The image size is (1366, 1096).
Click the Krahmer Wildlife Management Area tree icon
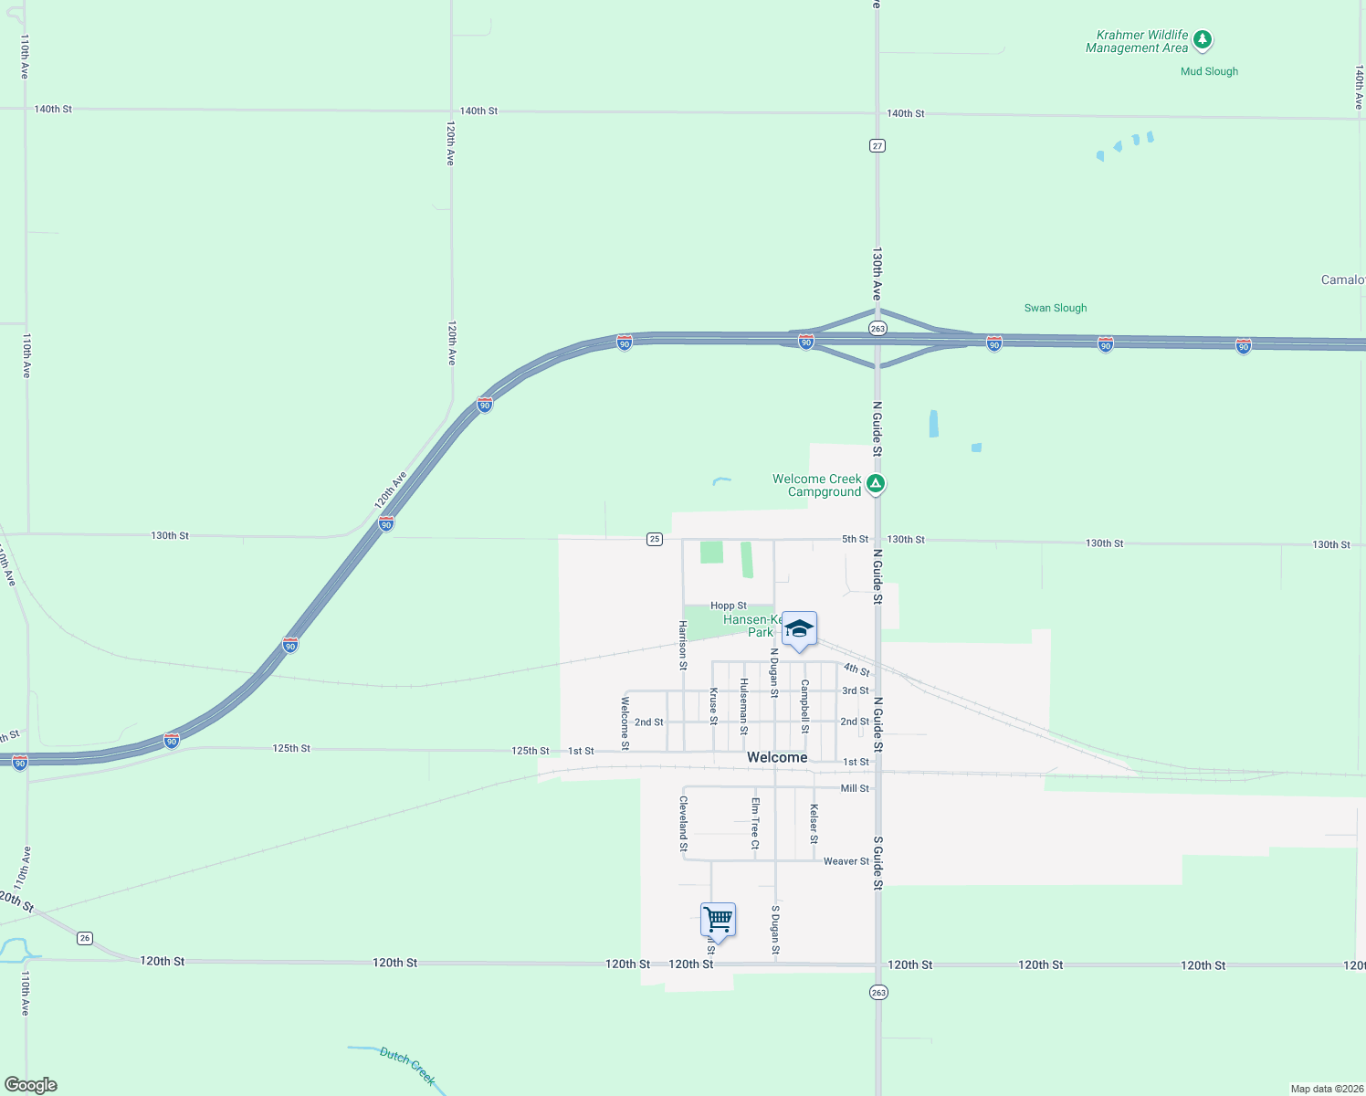point(1203,39)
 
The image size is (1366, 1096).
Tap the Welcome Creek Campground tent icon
point(875,483)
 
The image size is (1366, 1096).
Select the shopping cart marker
point(718,920)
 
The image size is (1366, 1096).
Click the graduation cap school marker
point(799,628)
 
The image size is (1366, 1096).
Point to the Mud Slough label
point(1209,71)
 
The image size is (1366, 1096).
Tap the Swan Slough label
point(1055,308)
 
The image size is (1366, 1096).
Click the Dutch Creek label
point(407,1066)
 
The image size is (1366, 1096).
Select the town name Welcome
point(777,757)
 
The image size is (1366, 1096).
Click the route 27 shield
point(877,145)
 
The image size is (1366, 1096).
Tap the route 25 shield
point(655,539)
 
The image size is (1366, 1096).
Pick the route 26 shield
point(85,938)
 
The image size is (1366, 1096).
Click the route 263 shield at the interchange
point(877,328)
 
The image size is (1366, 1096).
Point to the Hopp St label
point(728,606)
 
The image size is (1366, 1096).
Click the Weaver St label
point(846,861)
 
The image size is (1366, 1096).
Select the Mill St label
point(855,788)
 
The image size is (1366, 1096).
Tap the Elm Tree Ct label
point(755,823)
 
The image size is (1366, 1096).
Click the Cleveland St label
point(683,823)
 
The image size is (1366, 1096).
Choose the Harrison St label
point(682,645)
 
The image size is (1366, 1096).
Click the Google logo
point(31,1085)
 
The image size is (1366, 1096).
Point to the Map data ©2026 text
point(1326,1089)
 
